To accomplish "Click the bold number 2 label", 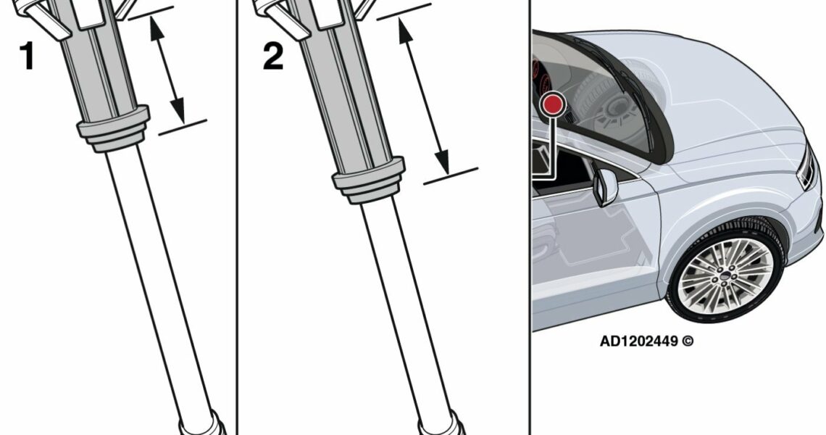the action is point(273,56).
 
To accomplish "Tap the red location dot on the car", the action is point(553,105).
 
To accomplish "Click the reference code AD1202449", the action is point(638,341).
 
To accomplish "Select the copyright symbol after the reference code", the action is point(688,341).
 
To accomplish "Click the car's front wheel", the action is point(726,273).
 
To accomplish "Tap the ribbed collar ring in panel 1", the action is point(114,128).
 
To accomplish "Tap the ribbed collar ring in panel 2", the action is point(369,180).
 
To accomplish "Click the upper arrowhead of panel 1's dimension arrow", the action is point(157,28).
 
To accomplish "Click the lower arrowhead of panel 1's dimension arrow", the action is point(178,111).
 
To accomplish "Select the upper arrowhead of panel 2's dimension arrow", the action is point(406,32).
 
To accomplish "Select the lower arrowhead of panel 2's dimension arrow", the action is point(442,162).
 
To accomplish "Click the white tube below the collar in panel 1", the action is point(157,279).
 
